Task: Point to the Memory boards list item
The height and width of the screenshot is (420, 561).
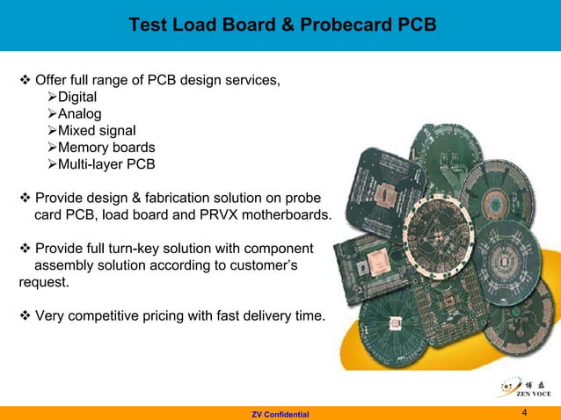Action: [x=106, y=148]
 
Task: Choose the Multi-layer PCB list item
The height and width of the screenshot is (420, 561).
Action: [x=101, y=164]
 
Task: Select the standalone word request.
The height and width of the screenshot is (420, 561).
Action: [x=43, y=282]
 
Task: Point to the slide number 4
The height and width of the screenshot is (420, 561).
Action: [x=524, y=412]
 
